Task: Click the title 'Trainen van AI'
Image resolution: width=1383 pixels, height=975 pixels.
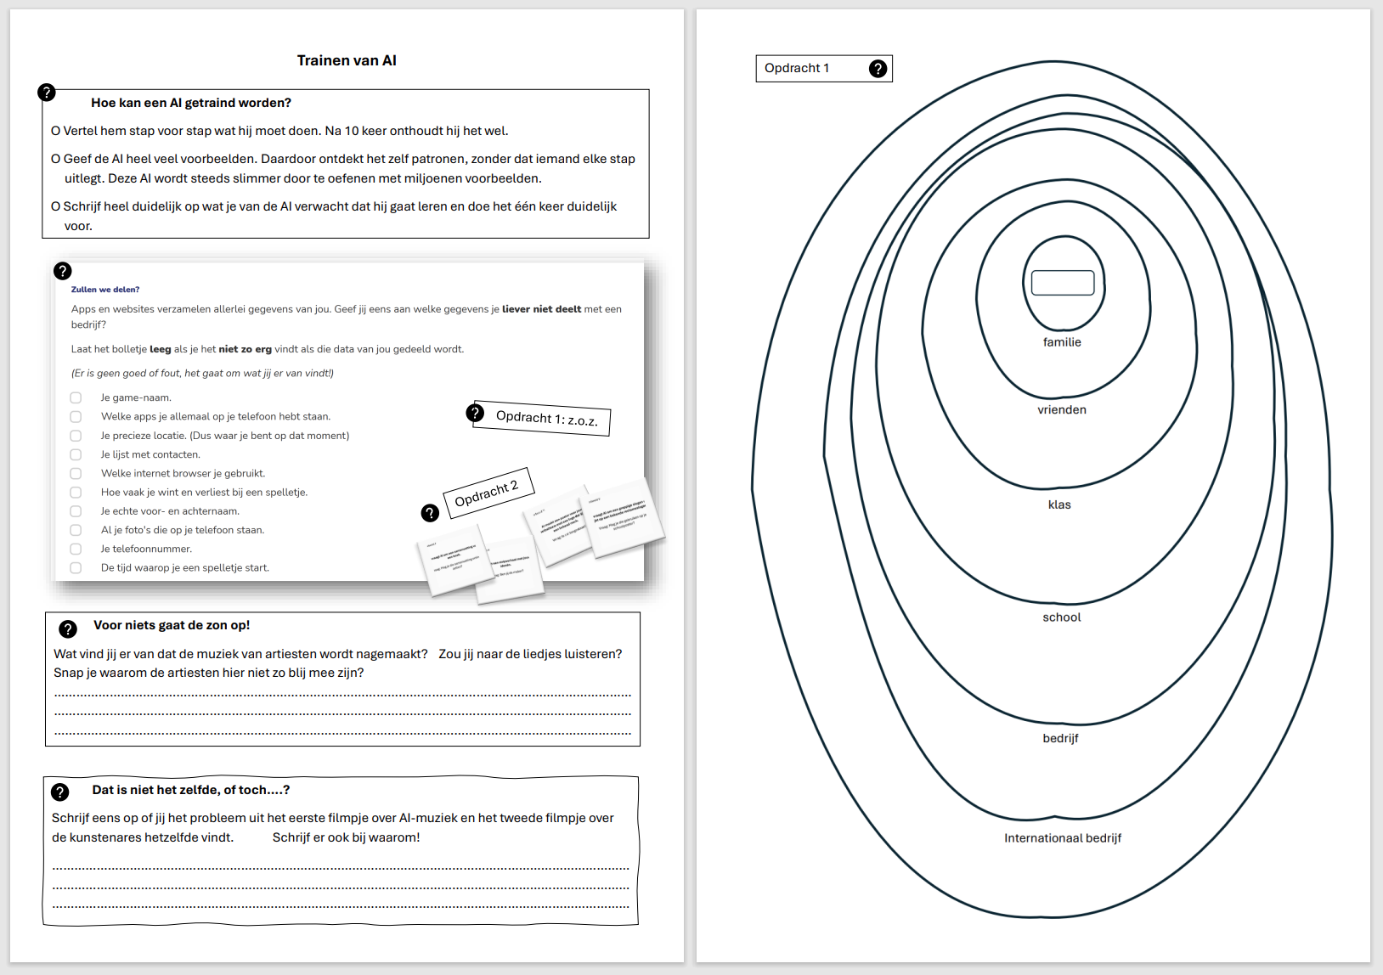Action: (x=347, y=60)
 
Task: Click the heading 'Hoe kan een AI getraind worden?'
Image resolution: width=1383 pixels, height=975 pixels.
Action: (x=191, y=103)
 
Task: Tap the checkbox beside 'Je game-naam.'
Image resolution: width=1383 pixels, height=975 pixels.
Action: (x=76, y=397)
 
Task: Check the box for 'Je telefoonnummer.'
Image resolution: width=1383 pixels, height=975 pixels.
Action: (x=76, y=549)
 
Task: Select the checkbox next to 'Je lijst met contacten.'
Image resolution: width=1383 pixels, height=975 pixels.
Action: (x=76, y=454)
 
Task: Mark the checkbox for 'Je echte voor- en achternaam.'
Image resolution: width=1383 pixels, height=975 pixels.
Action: (x=76, y=511)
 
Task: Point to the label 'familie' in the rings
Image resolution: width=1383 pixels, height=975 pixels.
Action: (x=1062, y=342)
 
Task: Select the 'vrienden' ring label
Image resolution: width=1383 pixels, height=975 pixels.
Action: (x=1062, y=409)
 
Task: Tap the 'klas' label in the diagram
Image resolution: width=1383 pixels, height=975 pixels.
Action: (x=1059, y=504)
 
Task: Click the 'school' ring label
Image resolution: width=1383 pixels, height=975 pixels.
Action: (x=1062, y=617)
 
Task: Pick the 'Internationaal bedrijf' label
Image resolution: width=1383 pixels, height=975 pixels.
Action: (x=1063, y=838)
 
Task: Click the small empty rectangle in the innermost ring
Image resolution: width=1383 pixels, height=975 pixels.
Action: (x=1063, y=283)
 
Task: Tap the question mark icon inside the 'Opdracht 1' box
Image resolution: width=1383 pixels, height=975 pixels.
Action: (x=878, y=69)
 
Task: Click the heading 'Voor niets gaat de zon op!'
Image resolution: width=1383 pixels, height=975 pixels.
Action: (x=172, y=625)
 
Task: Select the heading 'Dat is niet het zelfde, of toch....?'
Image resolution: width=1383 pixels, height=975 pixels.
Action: (x=191, y=790)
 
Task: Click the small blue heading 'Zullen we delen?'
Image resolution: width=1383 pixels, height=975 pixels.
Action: (x=105, y=290)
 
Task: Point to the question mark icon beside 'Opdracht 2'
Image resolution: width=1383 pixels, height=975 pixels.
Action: (x=431, y=512)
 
